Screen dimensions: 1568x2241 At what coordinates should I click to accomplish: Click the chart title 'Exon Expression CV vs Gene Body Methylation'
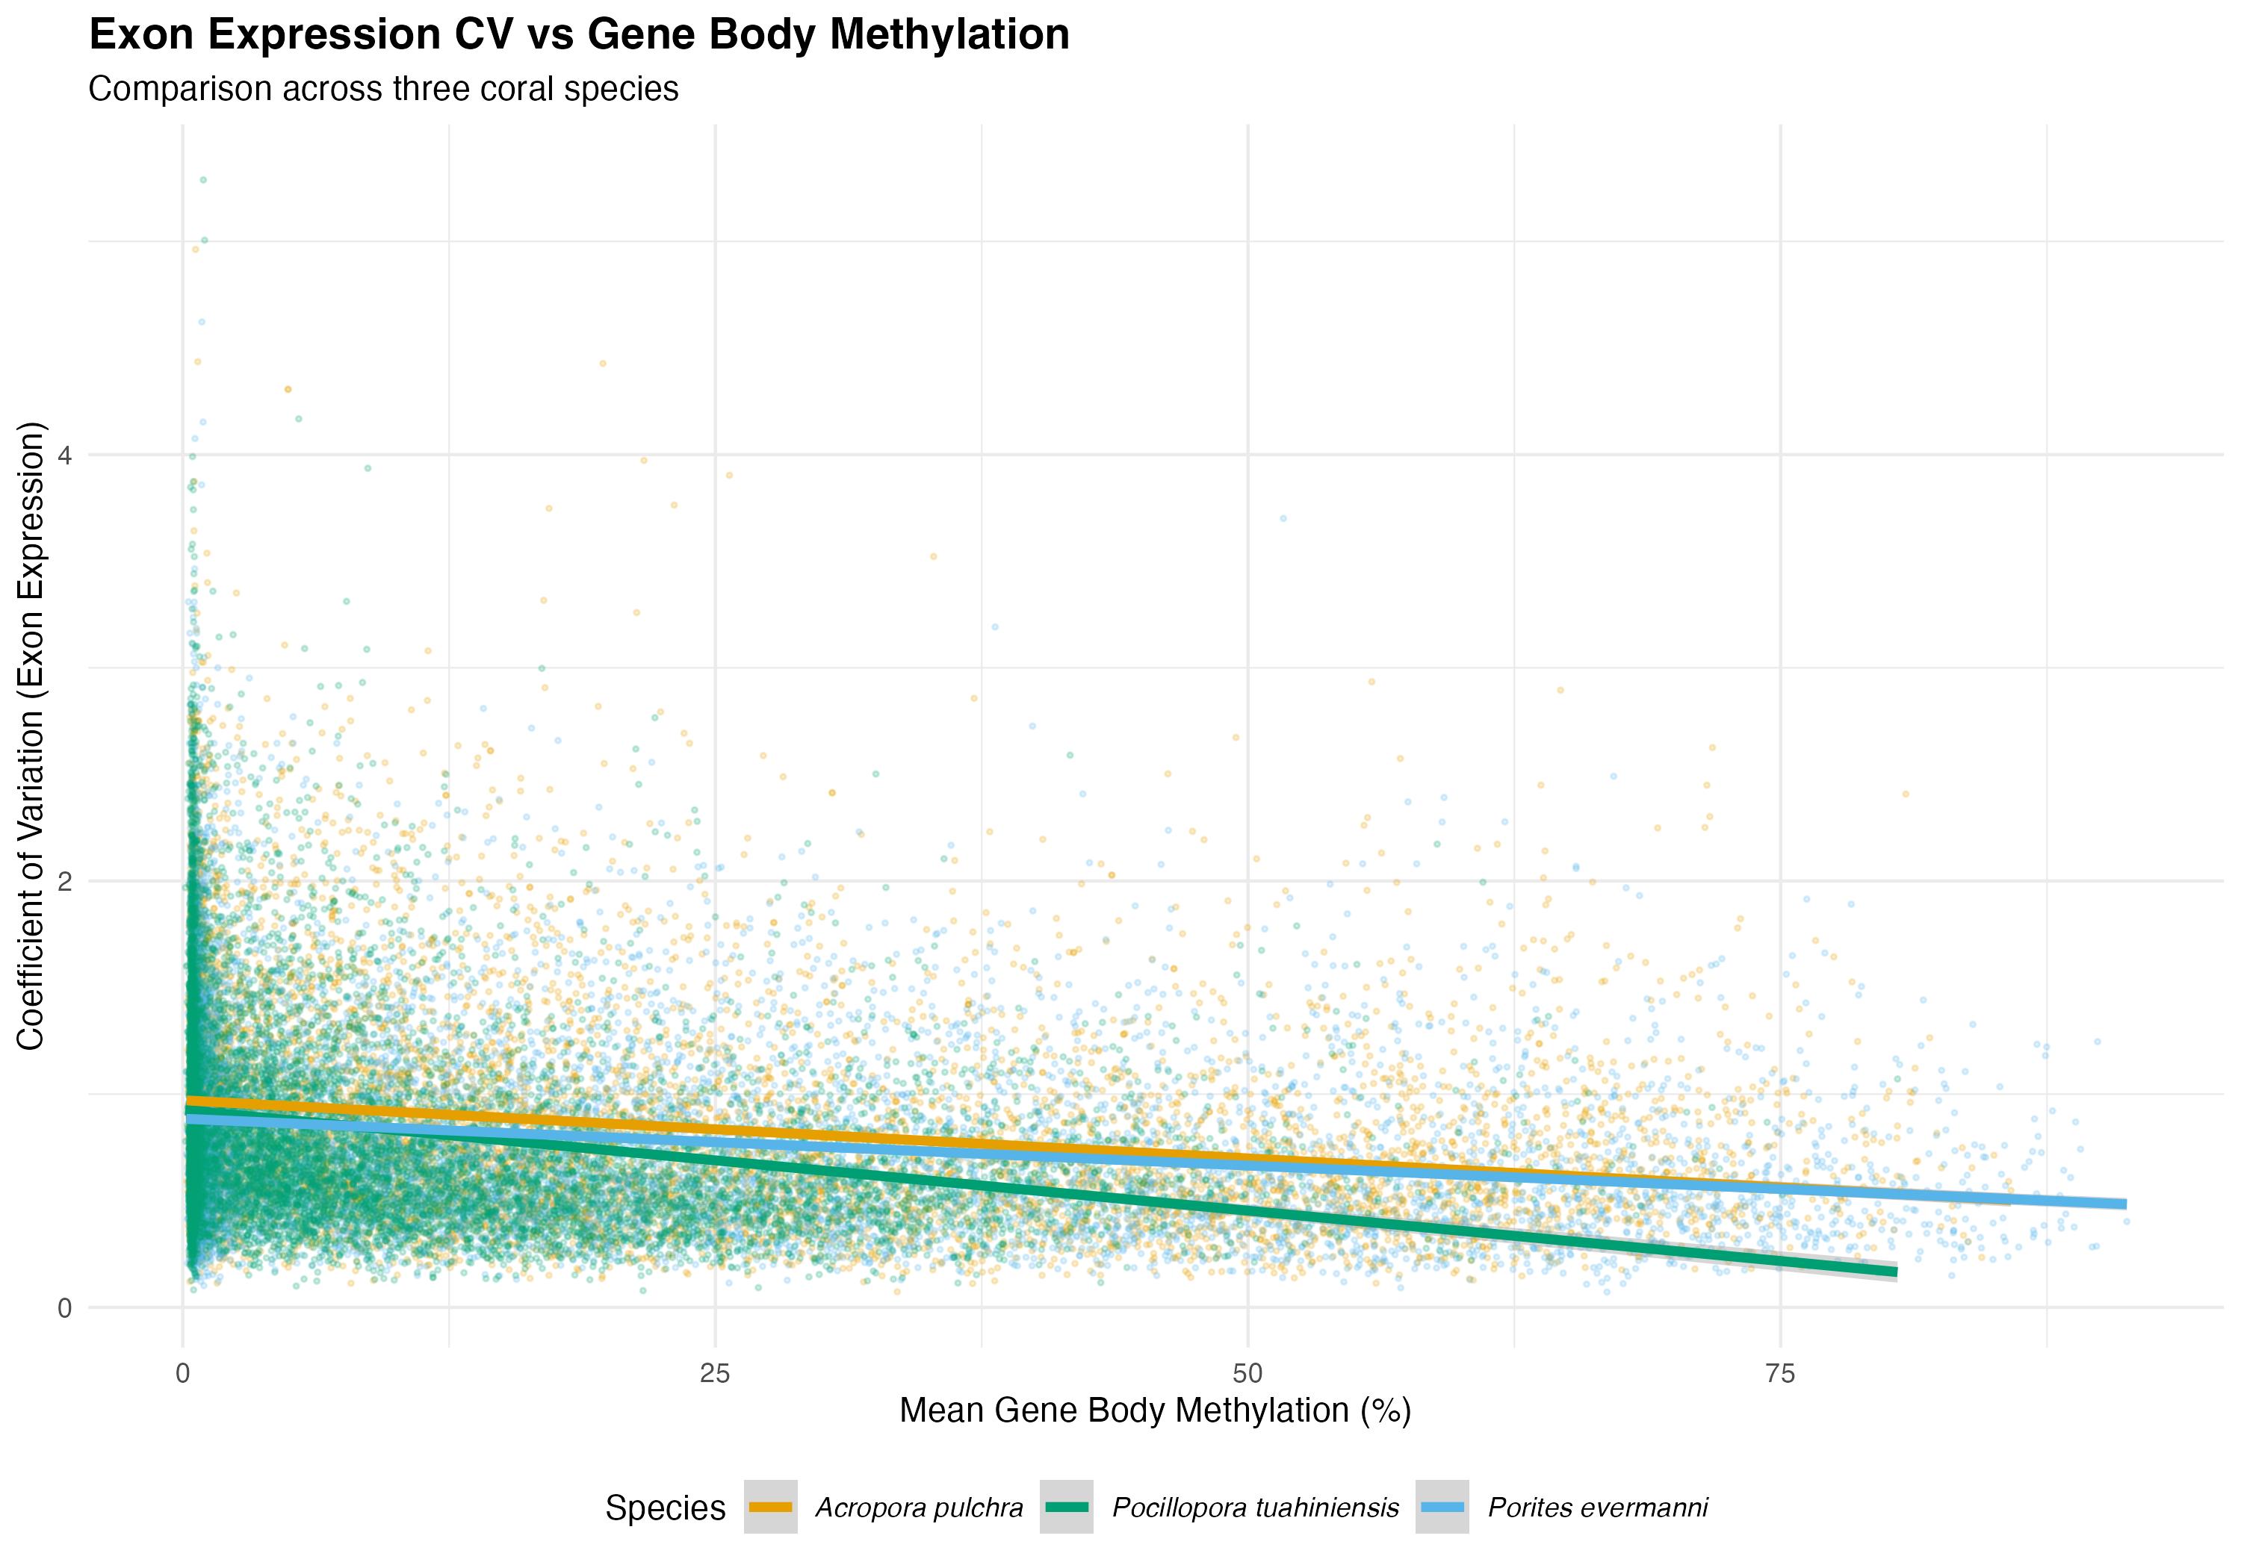579,35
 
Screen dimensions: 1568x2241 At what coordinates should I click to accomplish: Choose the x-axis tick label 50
1247,1375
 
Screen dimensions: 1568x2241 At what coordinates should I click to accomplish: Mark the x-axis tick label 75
1780,1375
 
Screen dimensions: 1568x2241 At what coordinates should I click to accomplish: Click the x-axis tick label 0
182,1375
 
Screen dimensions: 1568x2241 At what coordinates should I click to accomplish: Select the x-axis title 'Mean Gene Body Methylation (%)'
1155,1411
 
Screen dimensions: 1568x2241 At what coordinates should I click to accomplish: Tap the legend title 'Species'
665,1508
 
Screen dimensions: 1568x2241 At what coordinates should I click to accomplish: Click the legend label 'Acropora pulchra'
919,1508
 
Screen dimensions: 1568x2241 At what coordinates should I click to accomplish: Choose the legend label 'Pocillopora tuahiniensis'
1255,1508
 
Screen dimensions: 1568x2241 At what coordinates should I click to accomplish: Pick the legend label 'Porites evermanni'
1598,1508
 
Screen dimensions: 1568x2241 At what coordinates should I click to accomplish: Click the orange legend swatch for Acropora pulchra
770,1508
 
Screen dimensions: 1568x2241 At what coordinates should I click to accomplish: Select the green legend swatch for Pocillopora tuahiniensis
1066,1508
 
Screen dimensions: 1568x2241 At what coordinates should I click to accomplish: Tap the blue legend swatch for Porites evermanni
1442,1508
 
